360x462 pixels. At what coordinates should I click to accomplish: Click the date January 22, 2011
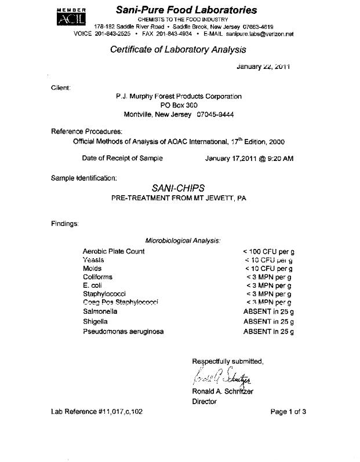coord(263,67)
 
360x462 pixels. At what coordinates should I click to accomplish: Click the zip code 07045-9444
coord(216,115)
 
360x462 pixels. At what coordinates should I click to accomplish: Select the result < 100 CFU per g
coord(269,252)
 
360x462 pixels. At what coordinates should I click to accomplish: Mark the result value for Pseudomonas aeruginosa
coord(268,331)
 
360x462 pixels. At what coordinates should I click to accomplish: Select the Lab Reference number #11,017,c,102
coord(97,412)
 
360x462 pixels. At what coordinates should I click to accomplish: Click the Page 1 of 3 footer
coord(288,412)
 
